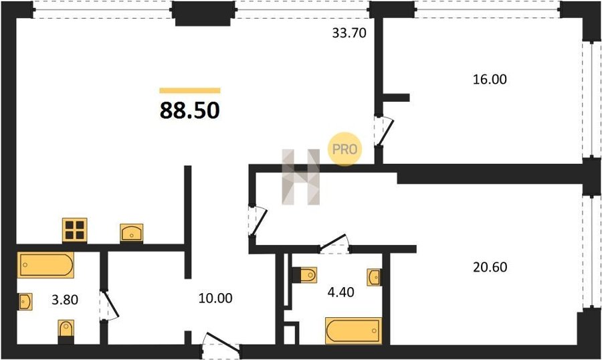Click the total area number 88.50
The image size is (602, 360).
tap(190, 110)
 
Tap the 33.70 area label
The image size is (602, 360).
tap(349, 33)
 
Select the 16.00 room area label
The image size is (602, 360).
tap(490, 79)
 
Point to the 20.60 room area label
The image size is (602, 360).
tap(490, 266)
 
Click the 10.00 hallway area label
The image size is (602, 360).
tap(215, 298)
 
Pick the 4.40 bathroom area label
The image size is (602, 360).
tap(340, 292)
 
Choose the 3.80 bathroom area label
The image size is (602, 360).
tap(65, 299)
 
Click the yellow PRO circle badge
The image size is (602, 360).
tap(344, 149)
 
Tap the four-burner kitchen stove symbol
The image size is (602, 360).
tap(74, 230)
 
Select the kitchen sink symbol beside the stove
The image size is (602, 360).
tap(131, 233)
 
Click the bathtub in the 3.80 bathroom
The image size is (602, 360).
tap(45, 265)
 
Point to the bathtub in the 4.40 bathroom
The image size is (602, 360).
tap(353, 331)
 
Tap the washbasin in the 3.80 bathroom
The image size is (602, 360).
tap(25, 302)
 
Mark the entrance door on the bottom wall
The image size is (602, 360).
tap(221, 343)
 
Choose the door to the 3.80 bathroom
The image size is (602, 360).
tap(109, 305)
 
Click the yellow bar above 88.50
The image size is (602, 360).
tap(190, 91)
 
